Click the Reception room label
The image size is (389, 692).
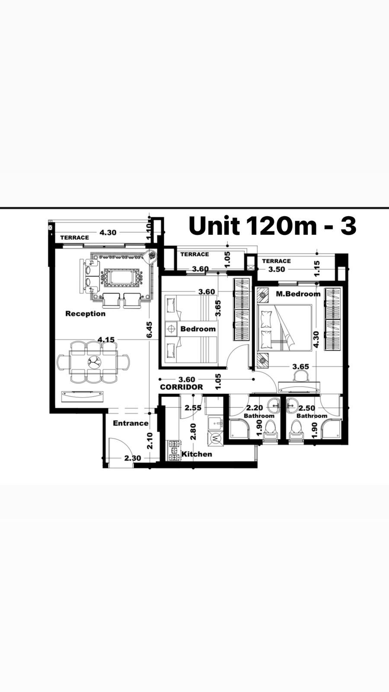[86, 314]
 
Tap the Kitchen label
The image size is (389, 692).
[197, 454]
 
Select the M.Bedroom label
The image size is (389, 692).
[298, 294]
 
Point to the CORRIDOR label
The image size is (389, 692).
[182, 387]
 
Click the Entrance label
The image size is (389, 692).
[131, 423]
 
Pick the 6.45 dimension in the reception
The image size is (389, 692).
[150, 330]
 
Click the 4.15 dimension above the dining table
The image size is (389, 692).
[106, 340]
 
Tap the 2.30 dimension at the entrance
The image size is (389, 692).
[133, 458]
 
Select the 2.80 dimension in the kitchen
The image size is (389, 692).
[193, 432]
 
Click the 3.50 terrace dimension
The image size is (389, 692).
[277, 269]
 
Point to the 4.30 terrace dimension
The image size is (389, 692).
[108, 232]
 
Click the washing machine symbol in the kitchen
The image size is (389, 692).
[215, 438]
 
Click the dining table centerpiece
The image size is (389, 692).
[93, 361]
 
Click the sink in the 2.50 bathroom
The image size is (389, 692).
[291, 405]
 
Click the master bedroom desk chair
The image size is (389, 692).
[300, 376]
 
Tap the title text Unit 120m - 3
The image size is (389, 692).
[273, 226]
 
